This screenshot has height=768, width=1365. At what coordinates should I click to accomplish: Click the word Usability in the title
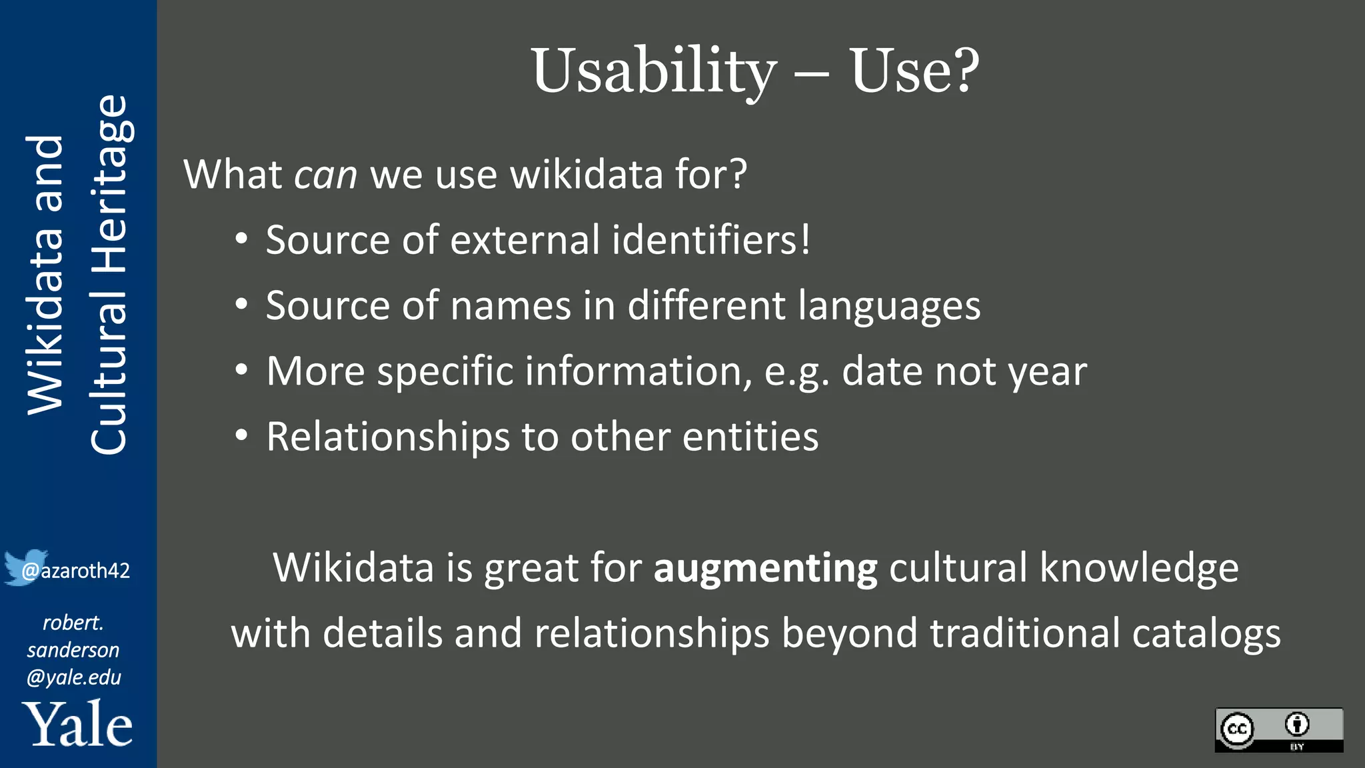654,72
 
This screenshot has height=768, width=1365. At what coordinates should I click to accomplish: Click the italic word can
326,175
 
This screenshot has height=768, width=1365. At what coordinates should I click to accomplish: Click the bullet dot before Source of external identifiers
241,239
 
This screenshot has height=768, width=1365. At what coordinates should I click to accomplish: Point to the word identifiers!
711,239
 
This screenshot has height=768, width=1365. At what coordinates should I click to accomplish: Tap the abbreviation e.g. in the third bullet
796,371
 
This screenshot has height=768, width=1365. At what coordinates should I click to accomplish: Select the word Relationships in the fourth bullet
388,437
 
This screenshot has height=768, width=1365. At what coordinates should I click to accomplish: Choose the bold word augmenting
765,569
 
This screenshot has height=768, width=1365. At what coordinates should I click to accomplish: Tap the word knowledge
1139,568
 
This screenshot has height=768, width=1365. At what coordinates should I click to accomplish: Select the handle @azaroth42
76,571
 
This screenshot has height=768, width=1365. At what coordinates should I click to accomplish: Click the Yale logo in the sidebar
77,724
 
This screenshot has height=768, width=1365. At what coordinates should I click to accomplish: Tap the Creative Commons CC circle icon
1237,729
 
